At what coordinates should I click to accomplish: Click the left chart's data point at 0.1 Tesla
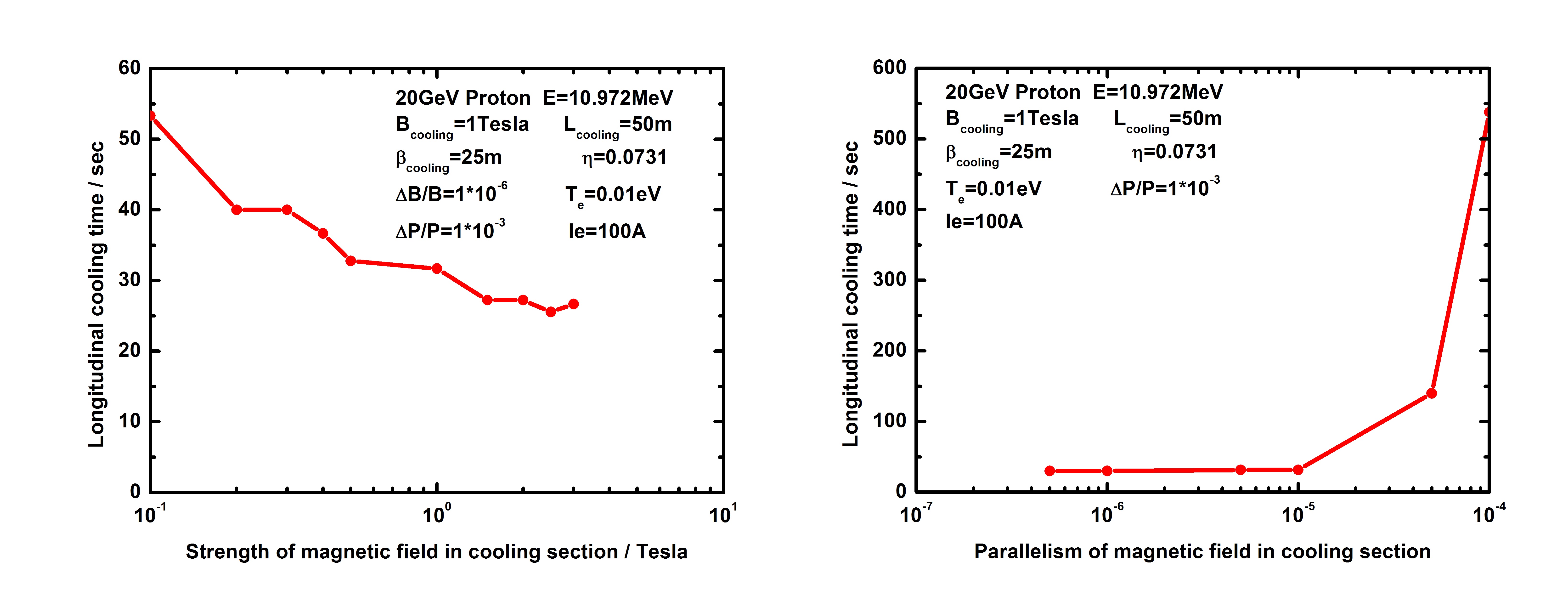coord(151,115)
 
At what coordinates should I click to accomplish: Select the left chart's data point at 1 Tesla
coord(436,268)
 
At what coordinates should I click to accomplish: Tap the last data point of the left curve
coord(573,304)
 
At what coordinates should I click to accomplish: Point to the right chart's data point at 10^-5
coord(1298,470)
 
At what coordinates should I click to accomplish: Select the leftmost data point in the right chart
coord(1050,471)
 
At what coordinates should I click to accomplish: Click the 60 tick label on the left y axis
coord(129,68)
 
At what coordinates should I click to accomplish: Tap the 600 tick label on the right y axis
coord(889,68)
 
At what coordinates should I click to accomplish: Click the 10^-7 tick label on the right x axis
coord(916,514)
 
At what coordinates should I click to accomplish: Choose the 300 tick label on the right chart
coord(889,280)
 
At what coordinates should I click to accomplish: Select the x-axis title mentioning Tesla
coord(436,552)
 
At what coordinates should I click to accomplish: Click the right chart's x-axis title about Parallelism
coord(1202,552)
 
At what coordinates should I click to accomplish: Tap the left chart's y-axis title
coord(97,294)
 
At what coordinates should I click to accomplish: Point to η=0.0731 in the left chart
coord(624,158)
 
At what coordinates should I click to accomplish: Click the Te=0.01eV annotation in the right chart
coord(993,189)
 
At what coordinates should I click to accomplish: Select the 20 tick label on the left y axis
coord(129,351)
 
